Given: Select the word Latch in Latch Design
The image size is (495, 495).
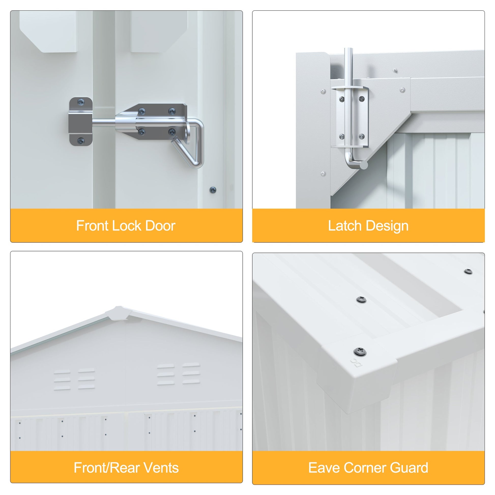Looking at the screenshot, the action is pyautogui.click(x=345, y=226).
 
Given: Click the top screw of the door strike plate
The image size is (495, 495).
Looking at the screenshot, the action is pyautogui.click(x=81, y=102).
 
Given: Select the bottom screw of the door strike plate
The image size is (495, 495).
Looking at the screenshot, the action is pyautogui.click(x=81, y=141).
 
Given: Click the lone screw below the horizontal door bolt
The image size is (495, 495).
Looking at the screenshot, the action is pyautogui.click(x=213, y=190).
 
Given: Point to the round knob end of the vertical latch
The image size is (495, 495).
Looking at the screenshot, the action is pyautogui.click(x=363, y=165).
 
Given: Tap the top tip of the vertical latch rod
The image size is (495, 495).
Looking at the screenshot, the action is pyautogui.click(x=348, y=48).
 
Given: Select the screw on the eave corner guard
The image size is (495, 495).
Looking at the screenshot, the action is pyautogui.click(x=360, y=352).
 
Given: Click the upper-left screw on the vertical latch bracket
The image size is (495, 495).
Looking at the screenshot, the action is pyautogui.click(x=342, y=99).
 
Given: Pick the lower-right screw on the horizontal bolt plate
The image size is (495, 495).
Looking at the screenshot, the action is pyautogui.click(x=172, y=132).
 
